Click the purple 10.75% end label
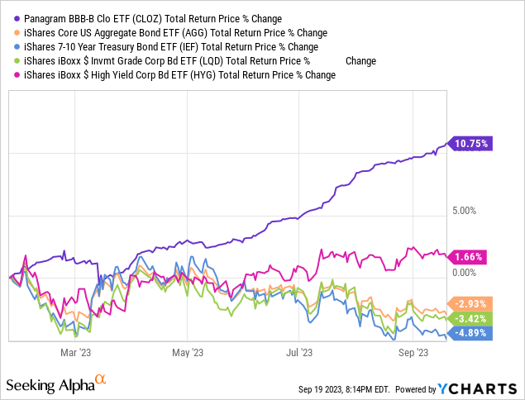tap(471, 143)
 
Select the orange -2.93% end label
tap(470, 303)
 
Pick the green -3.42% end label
tap(470, 318)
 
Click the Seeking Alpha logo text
tap(50, 385)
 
